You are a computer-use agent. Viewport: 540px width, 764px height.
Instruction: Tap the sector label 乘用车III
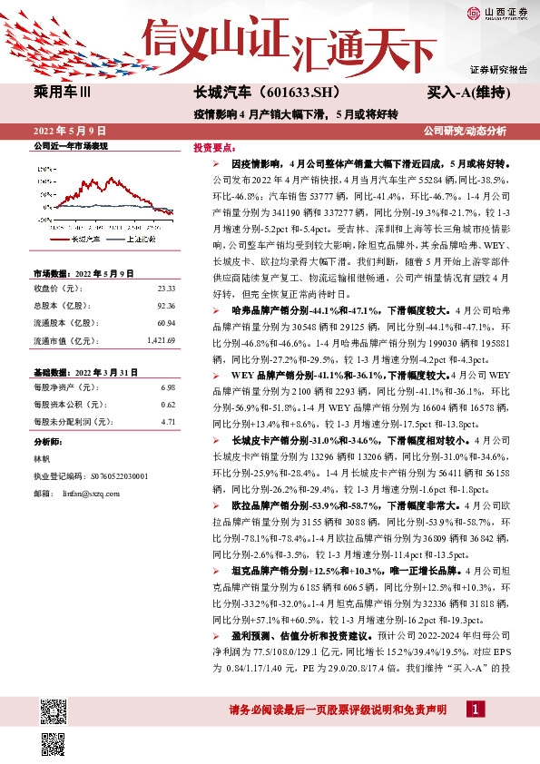click(63, 93)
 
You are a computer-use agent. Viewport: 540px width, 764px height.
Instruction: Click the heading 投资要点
click(215, 146)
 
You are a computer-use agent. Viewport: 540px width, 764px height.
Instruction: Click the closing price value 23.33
click(166, 288)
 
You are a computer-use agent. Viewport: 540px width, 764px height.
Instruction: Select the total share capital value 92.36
click(166, 307)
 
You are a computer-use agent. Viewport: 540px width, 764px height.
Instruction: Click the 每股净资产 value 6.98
click(168, 387)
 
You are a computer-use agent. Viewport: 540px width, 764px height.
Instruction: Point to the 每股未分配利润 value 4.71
click(168, 421)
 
